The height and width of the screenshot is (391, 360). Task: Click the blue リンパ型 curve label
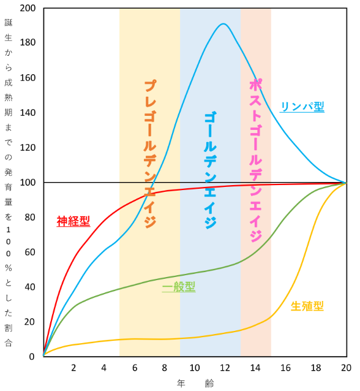click(x=302, y=106)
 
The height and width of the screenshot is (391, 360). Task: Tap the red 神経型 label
click(x=73, y=221)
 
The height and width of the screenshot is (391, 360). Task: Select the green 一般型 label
click(x=179, y=287)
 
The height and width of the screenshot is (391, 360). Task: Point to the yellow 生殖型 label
click(x=307, y=305)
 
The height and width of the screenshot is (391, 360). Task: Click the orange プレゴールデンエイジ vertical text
click(x=150, y=154)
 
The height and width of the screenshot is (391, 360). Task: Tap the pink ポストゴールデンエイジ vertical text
click(x=256, y=160)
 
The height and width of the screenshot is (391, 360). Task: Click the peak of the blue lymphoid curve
click(x=223, y=25)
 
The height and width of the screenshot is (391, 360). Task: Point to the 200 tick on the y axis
click(x=28, y=9)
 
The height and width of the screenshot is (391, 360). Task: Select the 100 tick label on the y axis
click(x=28, y=183)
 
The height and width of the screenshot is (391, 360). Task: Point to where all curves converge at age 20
click(x=346, y=183)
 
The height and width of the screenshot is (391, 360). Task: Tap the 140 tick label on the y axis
click(x=28, y=113)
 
